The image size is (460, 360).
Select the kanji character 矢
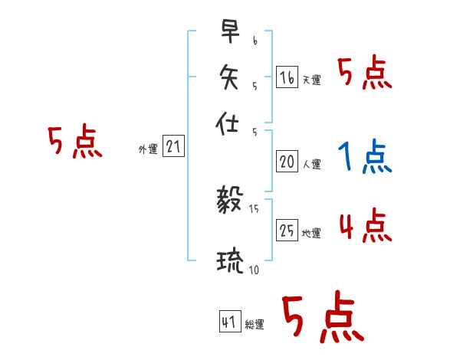pos(228,76)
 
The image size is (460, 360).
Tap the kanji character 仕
pos(228,121)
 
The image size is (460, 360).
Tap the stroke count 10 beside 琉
pos(253,270)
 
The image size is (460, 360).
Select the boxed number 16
pos(287,77)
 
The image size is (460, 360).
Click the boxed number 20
pos(287,162)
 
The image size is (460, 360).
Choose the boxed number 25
pos(287,231)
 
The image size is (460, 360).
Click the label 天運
pos(311,80)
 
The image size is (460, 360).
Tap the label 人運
pos(311,164)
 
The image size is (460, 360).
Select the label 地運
pos(311,233)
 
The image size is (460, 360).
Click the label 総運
pos(254,325)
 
